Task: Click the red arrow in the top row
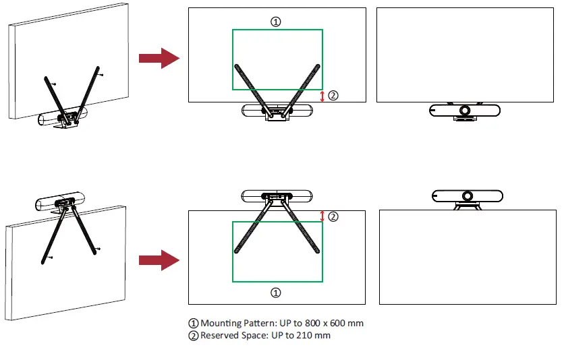(159, 59)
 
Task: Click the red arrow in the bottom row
(159, 260)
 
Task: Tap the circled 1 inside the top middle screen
(275, 22)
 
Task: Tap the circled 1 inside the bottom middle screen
(275, 293)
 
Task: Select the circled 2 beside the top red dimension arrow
(333, 96)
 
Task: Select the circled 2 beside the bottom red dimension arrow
(333, 216)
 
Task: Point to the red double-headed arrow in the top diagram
(322, 96)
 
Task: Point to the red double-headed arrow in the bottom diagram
(322, 216)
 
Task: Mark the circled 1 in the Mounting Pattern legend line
(194, 323)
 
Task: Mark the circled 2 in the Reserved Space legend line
(194, 335)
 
